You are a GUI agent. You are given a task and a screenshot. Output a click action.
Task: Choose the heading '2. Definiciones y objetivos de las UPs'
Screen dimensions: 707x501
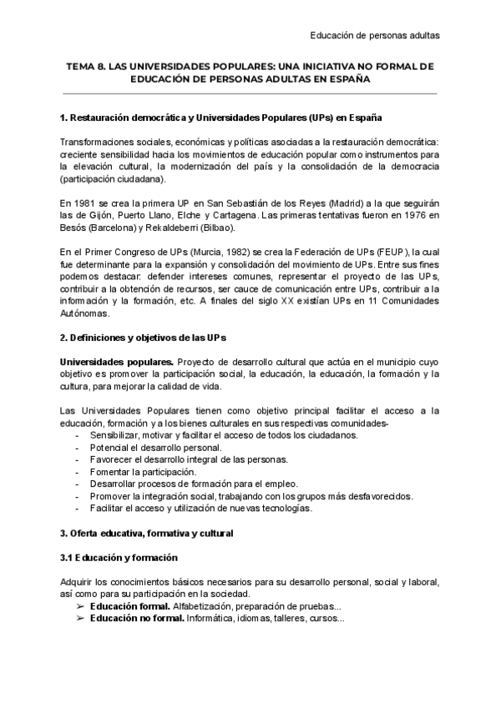(144, 337)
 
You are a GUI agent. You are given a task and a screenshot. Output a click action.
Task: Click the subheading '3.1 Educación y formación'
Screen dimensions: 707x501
(119, 557)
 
